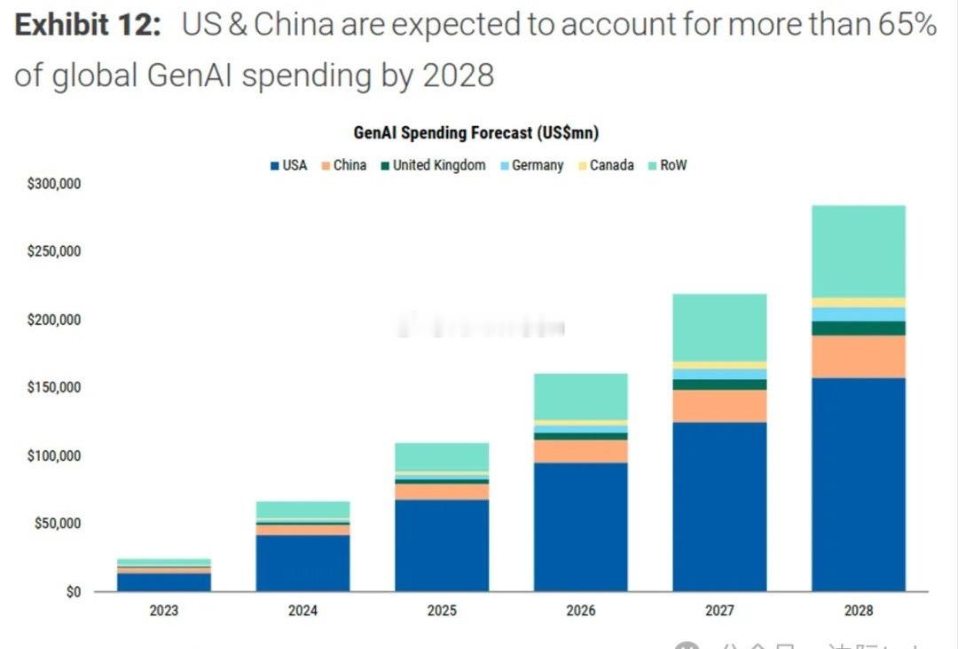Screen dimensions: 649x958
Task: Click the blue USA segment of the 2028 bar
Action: [858, 484]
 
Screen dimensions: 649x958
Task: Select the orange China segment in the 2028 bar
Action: [858, 356]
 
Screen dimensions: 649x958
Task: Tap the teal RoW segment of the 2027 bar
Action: [719, 327]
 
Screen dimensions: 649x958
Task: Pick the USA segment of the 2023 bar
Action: [163, 582]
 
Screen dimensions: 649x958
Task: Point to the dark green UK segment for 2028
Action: [858, 328]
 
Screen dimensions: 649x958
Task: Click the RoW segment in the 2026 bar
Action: [580, 396]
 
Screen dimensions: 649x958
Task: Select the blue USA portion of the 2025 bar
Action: [442, 545]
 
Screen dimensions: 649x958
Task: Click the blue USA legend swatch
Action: [274, 166]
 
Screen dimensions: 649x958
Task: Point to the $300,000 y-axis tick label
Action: [55, 184]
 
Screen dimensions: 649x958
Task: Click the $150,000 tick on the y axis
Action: [55, 388]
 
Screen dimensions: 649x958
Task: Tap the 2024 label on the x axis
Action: [302, 611]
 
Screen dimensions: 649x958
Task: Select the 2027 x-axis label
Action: [719, 611]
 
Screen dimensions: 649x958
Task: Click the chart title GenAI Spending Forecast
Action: [475, 133]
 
